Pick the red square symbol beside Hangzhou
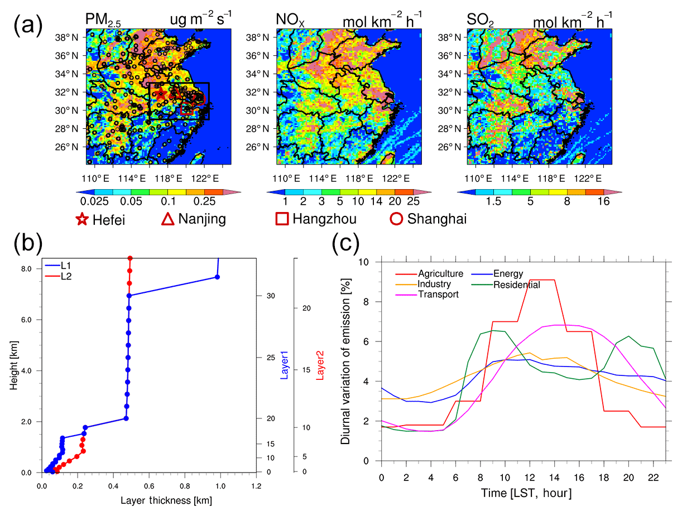pos(282,219)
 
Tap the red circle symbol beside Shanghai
pos(396,219)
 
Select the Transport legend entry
pos(438,295)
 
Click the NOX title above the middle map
pos(289,20)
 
